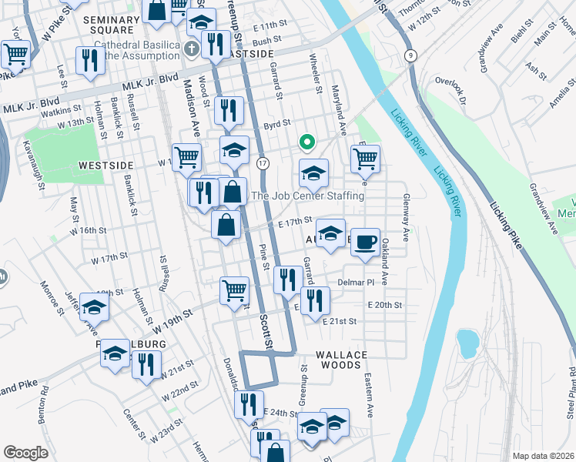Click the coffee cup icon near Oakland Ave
point(365,241)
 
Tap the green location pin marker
point(306,142)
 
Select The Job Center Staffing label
point(308,196)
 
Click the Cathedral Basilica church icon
point(193,49)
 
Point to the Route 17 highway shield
point(263,163)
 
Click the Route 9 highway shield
point(412,55)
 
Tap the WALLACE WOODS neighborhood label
point(342,354)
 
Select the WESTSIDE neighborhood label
point(106,166)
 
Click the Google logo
point(25,453)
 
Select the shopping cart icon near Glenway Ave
point(365,159)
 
